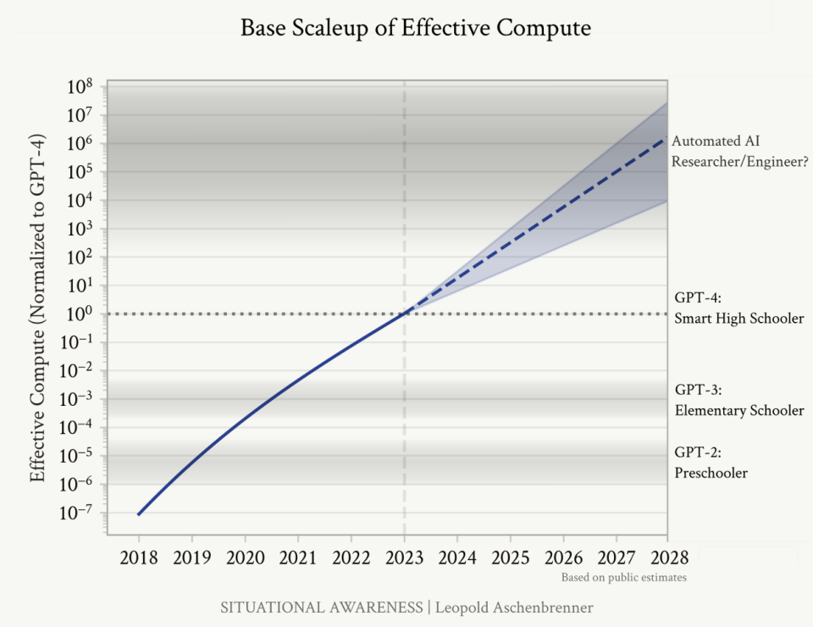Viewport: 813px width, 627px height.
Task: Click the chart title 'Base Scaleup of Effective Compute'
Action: pos(416,28)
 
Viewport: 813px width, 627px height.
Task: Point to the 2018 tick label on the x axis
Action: pos(138,558)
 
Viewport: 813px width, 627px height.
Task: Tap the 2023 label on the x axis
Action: pos(405,558)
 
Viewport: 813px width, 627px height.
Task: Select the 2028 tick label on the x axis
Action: pos(669,558)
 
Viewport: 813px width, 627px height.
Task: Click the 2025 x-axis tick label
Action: pos(510,558)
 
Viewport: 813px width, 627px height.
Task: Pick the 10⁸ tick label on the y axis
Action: pos(80,86)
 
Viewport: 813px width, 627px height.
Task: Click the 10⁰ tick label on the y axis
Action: pos(80,313)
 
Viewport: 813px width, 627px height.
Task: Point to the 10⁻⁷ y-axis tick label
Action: pos(75,513)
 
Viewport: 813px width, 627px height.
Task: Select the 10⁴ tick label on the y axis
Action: pos(80,200)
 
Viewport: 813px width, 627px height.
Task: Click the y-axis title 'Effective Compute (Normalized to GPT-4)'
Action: pos(37,308)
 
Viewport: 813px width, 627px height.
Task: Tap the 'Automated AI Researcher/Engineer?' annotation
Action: pos(739,152)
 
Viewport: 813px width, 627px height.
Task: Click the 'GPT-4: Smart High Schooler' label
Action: pos(738,308)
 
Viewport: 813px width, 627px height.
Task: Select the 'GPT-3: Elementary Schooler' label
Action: pos(739,401)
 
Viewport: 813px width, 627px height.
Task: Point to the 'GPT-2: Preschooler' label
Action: pos(711,463)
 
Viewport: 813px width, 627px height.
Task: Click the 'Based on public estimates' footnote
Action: pos(624,578)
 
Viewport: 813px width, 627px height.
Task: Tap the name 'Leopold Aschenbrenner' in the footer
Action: pos(514,608)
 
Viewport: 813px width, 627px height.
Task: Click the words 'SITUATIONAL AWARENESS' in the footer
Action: pos(322,608)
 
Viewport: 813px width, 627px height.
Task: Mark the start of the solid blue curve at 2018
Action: pos(138,514)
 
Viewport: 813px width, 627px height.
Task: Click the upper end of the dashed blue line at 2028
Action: pos(666,137)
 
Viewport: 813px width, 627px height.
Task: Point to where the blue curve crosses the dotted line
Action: pos(405,313)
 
